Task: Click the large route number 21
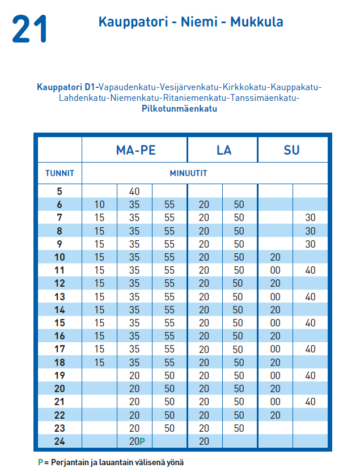click(x=29, y=29)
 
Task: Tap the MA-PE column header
click(x=135, y=150)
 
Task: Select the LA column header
click(x=223, y=150)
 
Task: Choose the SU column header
click(x=292, y=150)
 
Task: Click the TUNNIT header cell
click(x=60, y=173)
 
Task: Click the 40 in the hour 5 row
click(x=134, y=192)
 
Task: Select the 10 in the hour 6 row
click(x=99, y=205)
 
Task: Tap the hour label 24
click(x=60, y=441)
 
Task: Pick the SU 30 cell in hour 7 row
click(x=310, y=218)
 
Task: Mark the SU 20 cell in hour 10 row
click(x=276, y=257)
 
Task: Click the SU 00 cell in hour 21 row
click(x=276, y=402)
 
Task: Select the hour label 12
click(x=60, y=283)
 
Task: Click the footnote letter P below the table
click(x=40, y=462)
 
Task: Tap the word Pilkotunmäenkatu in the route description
click(x=179, y=109)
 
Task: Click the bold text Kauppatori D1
click(x=67, y=87)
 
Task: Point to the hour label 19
click(x=60, y=376)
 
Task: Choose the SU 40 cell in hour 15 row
click(x=310, y=323)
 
